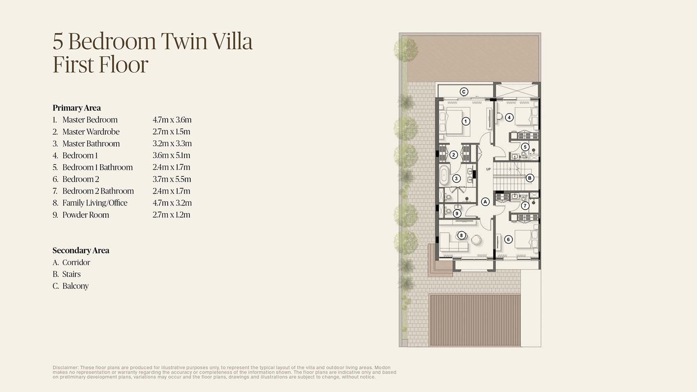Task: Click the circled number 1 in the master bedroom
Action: pyautogui.click(x=466, y=122)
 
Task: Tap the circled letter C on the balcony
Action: pyautogui.click(x=464, y=92)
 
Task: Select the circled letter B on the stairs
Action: pyautogui.click(x=530, y=178)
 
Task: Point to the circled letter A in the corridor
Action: pyautogui.click(x=485, y=202)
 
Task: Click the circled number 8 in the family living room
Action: pyautogui.click(x=461, y=235)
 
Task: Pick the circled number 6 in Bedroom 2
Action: pyautogui.click(x=508, y=239)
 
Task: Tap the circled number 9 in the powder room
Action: pyautogui.click(x=457, y=213)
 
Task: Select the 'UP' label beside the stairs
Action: pyautogui.click(x=488, y=169)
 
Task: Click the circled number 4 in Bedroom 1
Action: pyautogui.click(x=509, y=117)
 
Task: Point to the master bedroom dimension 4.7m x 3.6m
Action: pyautogui.click(x=172, y=120)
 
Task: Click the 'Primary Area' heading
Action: pyautogui.click(x=77, y=108)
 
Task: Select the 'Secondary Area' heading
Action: pyautogui.click(x=81, y=250)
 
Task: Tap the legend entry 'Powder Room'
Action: pyautogui.click(x=85, y=215)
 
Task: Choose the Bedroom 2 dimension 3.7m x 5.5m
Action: pyautogui.click(x=172, y=179)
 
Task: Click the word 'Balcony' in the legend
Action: pyautogui.click(x=75, y=286)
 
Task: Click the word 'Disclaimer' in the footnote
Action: pyautogui.click(x=66, y=368)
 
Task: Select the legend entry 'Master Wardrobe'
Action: pyautogui.click(x=91, y=132)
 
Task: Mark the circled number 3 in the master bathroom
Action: pyautogui.click(x=456, y=179)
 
